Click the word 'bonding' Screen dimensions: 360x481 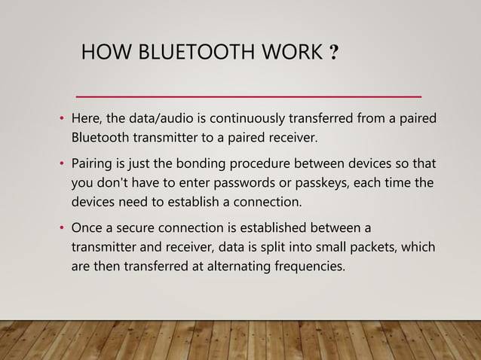(x=214, y=164)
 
